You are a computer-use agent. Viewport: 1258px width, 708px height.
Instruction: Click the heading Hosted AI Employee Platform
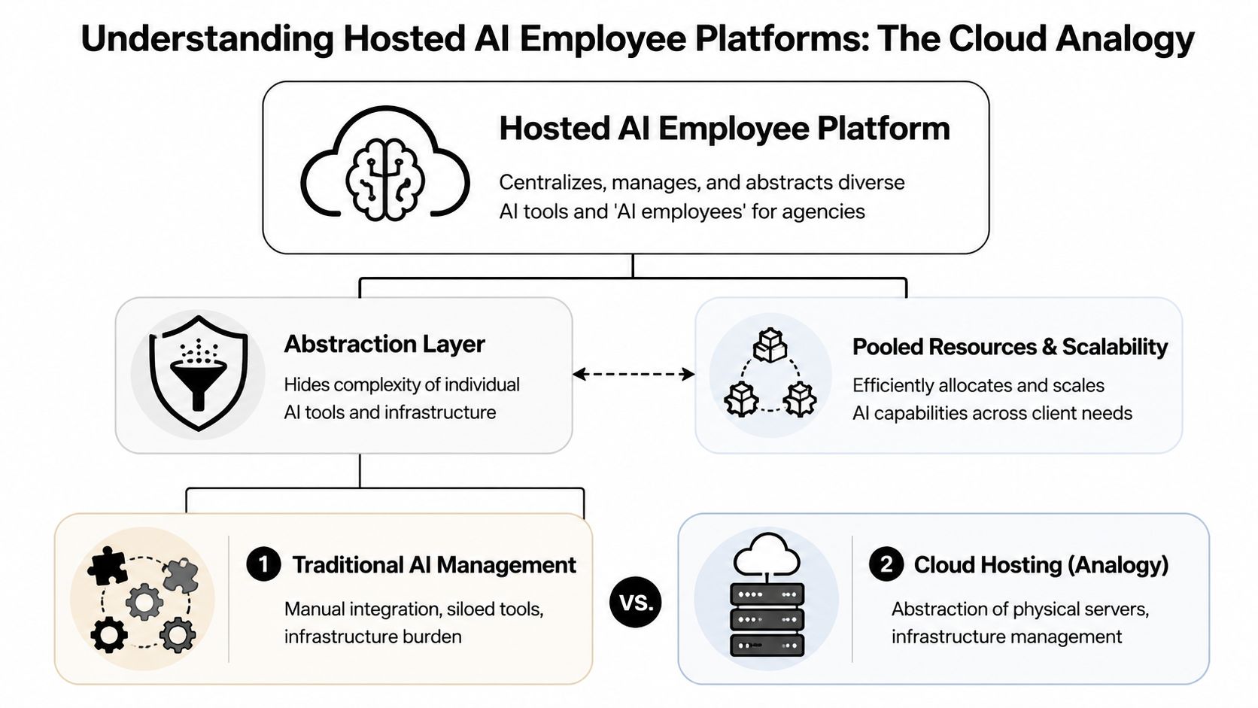click(x=724, y=129)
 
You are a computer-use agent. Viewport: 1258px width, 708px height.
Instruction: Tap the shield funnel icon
click(x=198, y=373)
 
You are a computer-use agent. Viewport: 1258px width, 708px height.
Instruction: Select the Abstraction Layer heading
click(x=384, y=344)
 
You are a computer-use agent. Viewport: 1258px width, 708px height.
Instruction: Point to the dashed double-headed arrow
click(x=633, y=374)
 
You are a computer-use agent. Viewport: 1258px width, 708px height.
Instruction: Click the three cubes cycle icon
click(x=770, y=373)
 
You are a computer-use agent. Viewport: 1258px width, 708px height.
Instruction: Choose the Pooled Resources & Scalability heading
click(x=1009, y=347)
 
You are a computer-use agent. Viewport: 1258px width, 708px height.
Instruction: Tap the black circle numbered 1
click(x=263, y=564)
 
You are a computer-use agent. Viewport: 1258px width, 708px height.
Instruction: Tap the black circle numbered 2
click(x=886, y=564)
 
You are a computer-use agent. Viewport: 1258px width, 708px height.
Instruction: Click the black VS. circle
click(x=636, y=602)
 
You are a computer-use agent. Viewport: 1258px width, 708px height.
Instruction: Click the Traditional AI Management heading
click(x=434, y=565)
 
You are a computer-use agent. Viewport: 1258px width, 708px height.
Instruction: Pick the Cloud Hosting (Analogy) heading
click(x=1041, y=565)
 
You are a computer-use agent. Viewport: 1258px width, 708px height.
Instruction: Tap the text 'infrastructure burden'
click(x=372, y=637)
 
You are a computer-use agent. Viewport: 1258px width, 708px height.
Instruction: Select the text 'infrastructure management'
click(x=1006, y=637)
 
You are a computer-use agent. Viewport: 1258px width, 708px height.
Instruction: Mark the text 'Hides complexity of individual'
click(x=401, y=384)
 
